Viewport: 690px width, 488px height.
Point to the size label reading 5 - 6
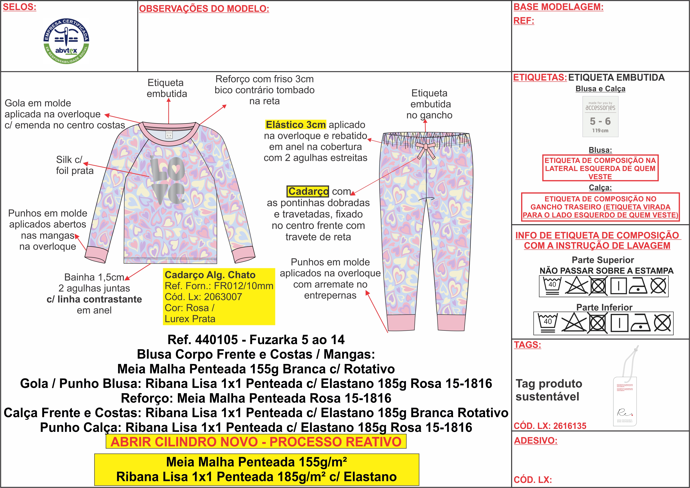(600, 121)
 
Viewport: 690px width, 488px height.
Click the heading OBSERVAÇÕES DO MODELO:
(204, 9)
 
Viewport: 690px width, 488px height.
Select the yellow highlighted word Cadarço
(308, 191)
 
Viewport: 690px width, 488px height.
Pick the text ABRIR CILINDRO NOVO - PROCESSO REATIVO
(256, 442)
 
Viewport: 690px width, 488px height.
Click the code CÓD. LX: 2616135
(550, 426)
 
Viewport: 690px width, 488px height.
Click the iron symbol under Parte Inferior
(640, 323)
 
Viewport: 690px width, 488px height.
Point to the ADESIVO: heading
(535, 440)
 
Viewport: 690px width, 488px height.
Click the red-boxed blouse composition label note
(600, 168)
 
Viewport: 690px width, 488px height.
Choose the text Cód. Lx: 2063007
(203, 297)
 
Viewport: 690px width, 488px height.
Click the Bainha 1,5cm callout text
(94, 277)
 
